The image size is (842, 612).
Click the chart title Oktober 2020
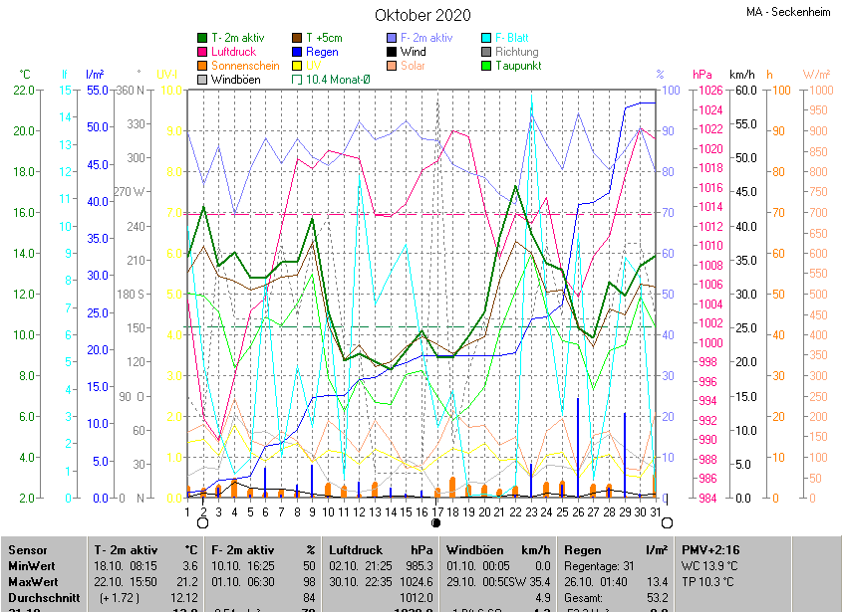click(422, 15)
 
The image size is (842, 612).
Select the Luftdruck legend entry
click(233, 52)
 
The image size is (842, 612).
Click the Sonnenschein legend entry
click(244, 66)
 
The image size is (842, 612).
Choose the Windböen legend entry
click(235, 80)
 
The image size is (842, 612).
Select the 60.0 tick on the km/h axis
click(744, 91)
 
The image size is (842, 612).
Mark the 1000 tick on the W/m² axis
click(816, 91)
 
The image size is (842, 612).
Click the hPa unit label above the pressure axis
click(702, 75)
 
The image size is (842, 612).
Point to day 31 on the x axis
click(654, 511)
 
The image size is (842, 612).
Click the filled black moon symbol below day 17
click(436, 522)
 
